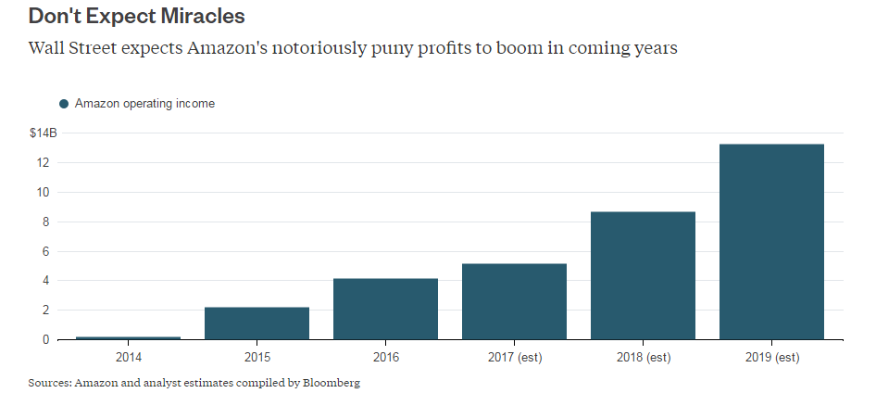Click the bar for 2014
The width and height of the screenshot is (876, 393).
coord(128,337)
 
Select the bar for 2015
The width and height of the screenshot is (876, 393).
coord(257,323)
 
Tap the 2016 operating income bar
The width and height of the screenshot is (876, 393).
coord(385,309)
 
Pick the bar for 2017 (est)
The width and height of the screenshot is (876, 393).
coord(514,301)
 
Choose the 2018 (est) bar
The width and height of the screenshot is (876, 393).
coord(643,275)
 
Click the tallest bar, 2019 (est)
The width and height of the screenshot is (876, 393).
coord(771,242)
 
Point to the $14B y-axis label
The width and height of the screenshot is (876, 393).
coord(43,133)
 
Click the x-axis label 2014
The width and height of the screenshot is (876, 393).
coord(129,357)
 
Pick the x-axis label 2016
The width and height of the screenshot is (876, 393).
coord(385,357)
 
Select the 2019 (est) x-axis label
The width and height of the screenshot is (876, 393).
coord(771,357)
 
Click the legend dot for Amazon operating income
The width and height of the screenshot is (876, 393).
coord(64,104)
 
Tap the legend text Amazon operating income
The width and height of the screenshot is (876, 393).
coord(144,104)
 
